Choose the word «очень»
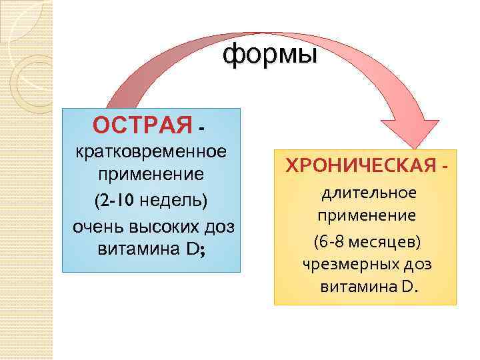point(94,226)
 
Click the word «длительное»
point(369,193)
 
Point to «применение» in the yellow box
point(367,217)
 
